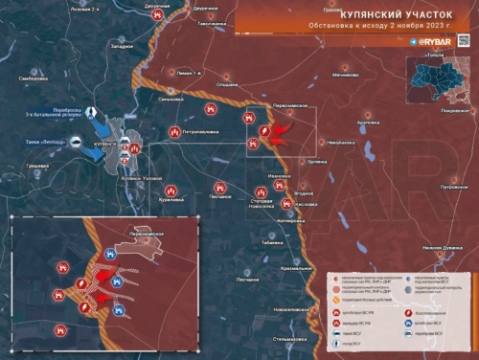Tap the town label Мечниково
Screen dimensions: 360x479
coord(347,74)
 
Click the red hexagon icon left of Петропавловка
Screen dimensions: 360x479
coord(174,132)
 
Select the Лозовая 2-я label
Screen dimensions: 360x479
coord(59,7)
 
